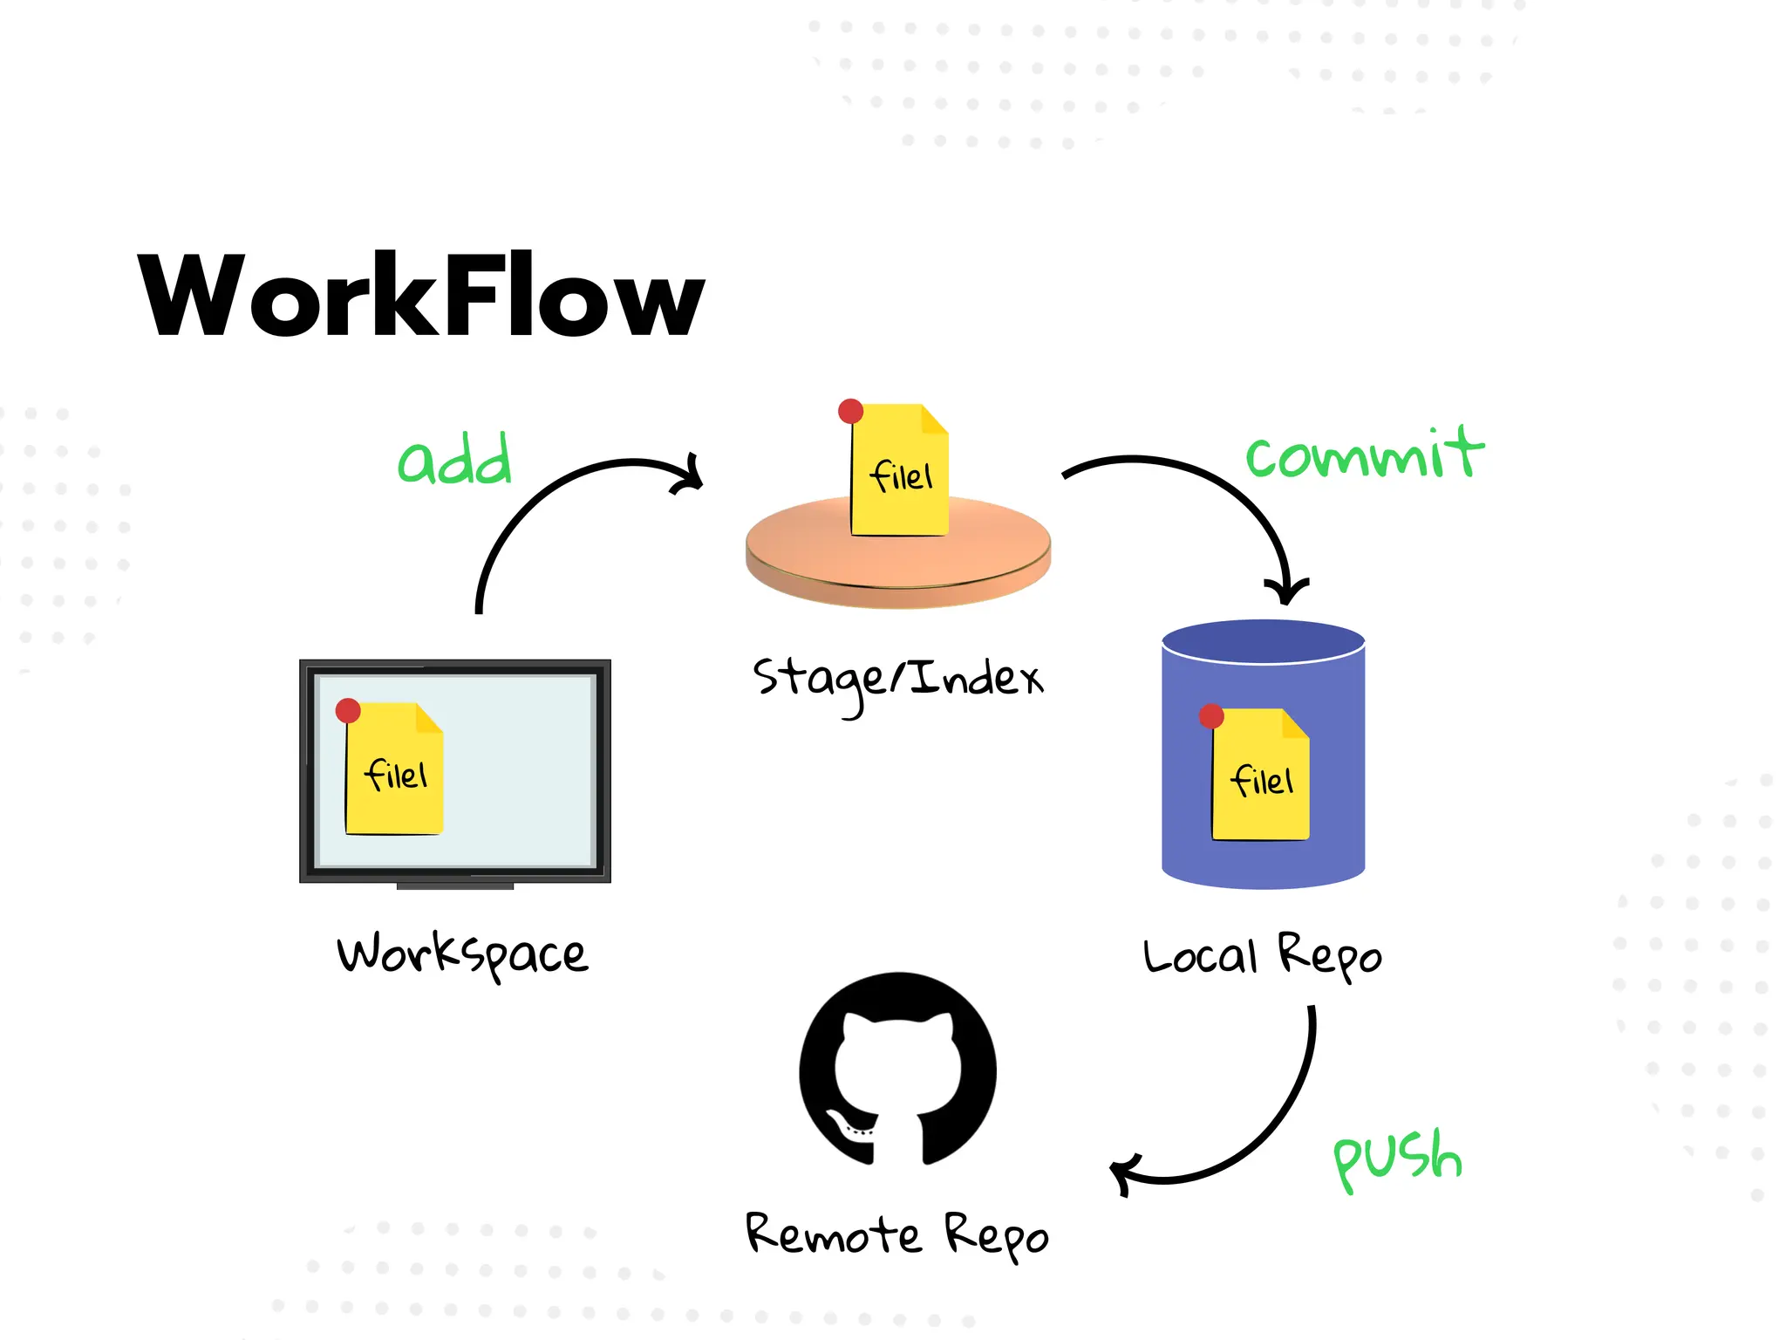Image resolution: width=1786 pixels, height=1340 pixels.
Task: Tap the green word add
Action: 454,460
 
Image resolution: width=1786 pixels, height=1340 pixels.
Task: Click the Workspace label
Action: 462,954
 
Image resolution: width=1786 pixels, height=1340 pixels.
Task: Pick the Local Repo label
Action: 1262,956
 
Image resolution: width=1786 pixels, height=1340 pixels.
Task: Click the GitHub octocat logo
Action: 897,1070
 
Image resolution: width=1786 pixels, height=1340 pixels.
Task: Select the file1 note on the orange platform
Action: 900,475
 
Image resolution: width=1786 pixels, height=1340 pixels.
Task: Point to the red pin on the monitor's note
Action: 348,710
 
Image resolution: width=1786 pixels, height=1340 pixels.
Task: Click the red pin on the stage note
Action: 850,411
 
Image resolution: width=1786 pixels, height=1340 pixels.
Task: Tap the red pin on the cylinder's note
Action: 1211,716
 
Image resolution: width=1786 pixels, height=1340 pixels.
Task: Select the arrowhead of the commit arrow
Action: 1286,594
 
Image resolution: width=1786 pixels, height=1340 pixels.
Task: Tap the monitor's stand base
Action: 454,886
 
